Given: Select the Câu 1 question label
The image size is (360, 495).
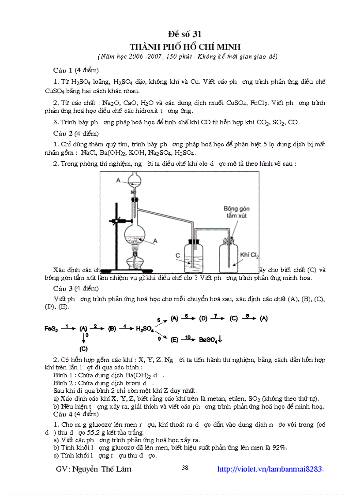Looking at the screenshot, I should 63,70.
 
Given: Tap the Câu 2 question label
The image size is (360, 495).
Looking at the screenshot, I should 63,133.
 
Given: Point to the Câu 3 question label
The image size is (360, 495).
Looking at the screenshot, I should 63,288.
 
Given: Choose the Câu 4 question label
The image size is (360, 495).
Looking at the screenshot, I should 63,414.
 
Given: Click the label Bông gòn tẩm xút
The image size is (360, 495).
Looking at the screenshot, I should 237,212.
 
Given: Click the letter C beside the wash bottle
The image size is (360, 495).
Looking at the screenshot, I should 177,255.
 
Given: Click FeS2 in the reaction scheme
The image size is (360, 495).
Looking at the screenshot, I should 51,328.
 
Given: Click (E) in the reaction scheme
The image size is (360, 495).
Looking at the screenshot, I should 174,339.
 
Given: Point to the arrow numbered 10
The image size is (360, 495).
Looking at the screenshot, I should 188,339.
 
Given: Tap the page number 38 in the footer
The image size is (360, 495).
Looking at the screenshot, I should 185,468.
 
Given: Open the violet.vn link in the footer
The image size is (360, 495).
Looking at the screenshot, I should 270,469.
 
